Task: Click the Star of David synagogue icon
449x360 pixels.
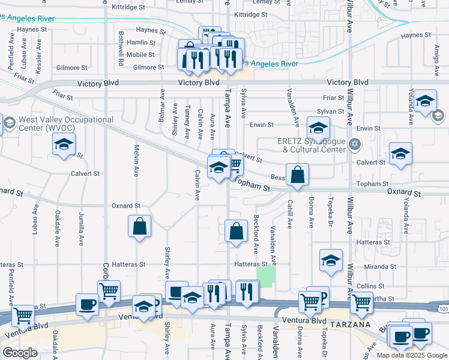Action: [354, 144]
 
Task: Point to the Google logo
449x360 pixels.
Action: [20, 353]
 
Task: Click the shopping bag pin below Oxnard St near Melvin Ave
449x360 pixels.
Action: [139, 227]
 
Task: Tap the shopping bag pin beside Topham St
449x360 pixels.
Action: [297, 175]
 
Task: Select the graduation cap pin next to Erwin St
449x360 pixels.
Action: [318, 127]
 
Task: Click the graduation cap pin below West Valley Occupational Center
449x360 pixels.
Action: [64, 145]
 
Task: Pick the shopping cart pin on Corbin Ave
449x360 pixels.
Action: [109, 292]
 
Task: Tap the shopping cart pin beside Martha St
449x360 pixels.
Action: [361, 303]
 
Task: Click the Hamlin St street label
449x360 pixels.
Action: [142, 43]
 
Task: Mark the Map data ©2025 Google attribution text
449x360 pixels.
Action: [411, 355]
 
